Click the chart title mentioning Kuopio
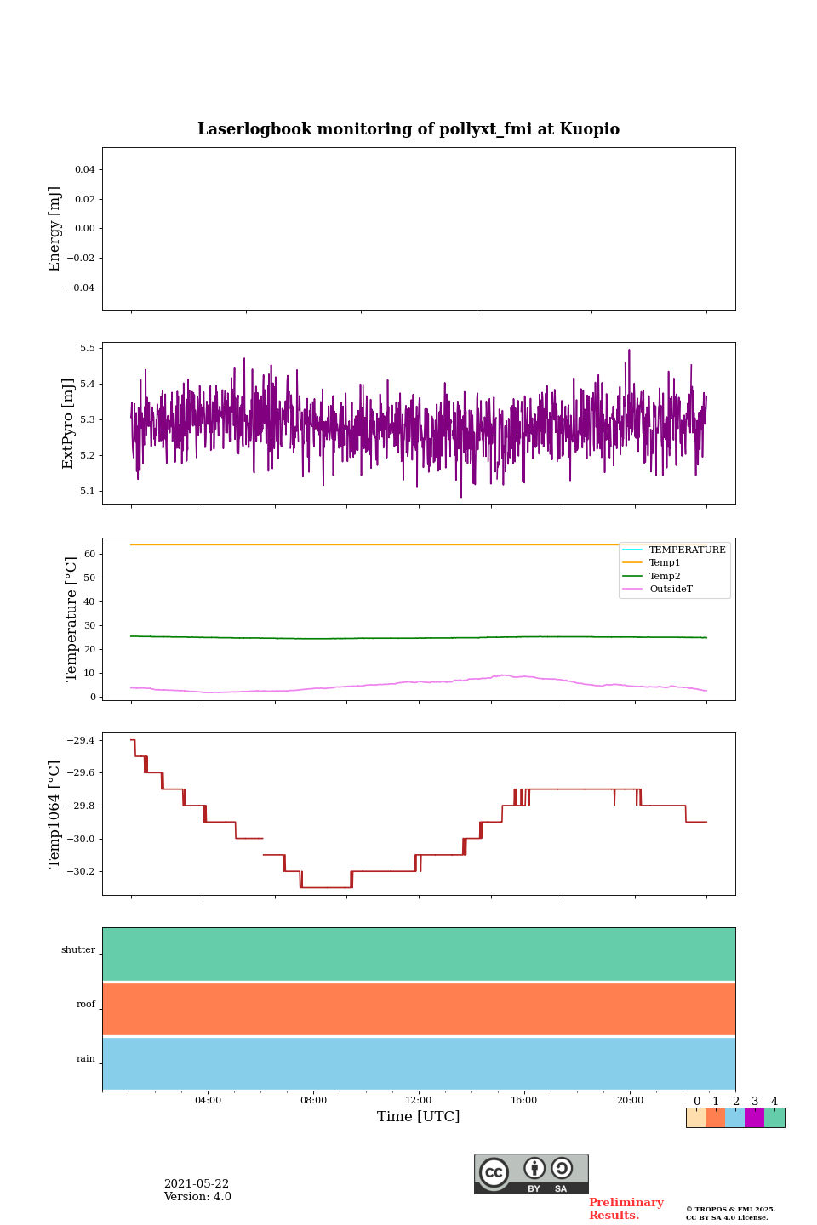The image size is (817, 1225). tap(408, 129)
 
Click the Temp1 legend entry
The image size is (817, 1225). tap(665, 563)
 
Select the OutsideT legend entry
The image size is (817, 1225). tap(671, 590)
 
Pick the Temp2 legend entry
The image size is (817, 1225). tap(665, 577)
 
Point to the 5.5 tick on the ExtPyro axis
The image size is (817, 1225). tap(88, 349)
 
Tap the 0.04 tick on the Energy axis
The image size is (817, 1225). tap(84, 170)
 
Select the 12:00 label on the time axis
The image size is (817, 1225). tap(419, 1101)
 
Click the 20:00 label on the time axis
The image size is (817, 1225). tap(630, 1101)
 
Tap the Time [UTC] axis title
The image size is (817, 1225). tap(419, 1117)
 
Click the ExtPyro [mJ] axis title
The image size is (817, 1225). tap(69, 424)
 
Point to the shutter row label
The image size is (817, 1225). tap(78, 950)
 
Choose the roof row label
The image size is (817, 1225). tap(86, 1005)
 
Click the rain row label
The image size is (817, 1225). tap(86, 1059)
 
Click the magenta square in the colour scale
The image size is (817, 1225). tap(754, 1118)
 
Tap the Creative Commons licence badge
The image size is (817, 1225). tap(531, 1174)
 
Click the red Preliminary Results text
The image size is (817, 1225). tap(626, 1209)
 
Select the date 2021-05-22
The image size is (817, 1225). tap(197, 1184)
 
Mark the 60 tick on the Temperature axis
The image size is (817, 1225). tap(89, 554)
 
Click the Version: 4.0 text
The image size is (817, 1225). tap(197, 1197)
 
